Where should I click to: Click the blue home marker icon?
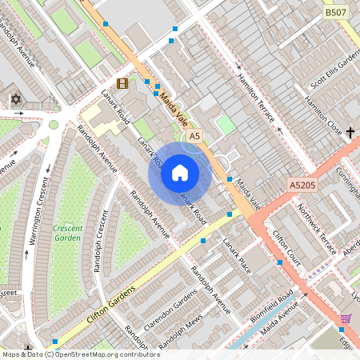point(180,173)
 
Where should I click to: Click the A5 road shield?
point(194,137)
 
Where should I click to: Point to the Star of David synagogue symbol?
point(14,99)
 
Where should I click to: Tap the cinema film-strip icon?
point(122,82)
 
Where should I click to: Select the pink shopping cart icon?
point(346,318)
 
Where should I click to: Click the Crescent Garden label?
point(67,233)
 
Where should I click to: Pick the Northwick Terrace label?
point(318,229)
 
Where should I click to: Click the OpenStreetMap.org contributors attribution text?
point(109,354)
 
